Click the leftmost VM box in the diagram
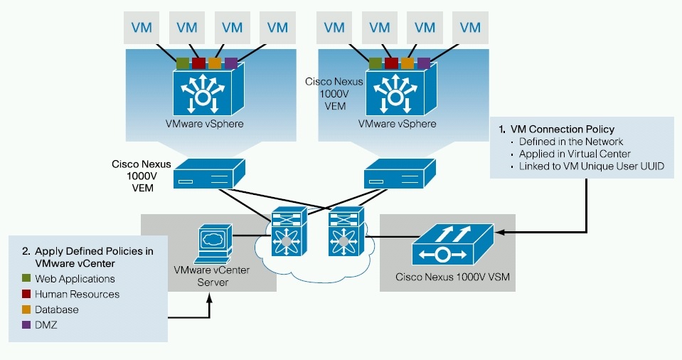pos(142,28)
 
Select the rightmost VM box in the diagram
pos(470,28)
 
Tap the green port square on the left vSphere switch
pos(183,63)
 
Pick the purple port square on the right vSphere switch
pos(424,63)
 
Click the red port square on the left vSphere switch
pos(199,63)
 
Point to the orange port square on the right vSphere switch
pos(407,63)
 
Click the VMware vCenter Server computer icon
pos(213,244)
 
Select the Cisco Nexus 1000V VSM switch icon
pos(452,245)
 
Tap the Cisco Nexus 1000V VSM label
pos(452,277)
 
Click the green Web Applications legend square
pos(26,278)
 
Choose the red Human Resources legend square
pos(26,294)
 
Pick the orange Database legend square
pos(26,309)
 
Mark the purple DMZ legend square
pos(26,324)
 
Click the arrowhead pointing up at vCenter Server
pos(210,299)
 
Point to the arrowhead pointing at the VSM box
pos(499,232)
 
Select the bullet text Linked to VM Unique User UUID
pos(592,166)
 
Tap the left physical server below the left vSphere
pos(209,174)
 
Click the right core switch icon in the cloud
pos(346,231)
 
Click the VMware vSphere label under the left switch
pos(204,124)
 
